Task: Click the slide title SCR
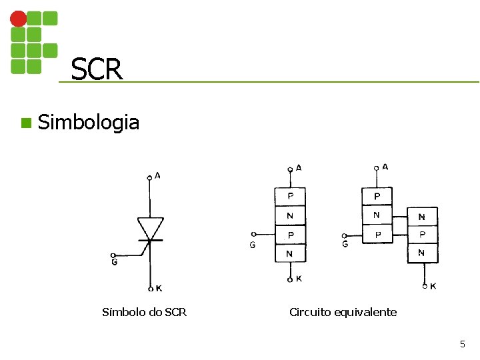pos(97,69)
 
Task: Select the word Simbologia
pos(89,123)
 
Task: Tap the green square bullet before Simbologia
pos(25,123)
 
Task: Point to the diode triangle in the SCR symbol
pos(149,227)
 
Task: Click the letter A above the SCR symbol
pos(157,175)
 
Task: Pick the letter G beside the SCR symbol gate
pos(115,263)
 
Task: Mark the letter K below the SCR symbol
pos(158,289)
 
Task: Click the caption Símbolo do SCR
pos(144,312)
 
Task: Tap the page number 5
pos(462,344)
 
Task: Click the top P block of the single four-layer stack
pos(290,197)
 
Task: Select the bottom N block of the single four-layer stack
pos(290,253)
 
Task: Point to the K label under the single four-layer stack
pos(298,279)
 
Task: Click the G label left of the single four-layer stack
pos(252,245)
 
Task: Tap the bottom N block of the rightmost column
pos(422,253)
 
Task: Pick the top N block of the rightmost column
pos(422,217)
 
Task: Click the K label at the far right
pos(434,286)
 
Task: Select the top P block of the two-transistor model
pos(377,196)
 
